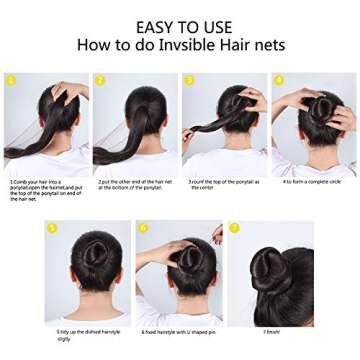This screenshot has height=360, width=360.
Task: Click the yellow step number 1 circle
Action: click(10, 80)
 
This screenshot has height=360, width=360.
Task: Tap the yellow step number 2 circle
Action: click(100, 80)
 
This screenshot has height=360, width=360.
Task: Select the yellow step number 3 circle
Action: click(189, 80)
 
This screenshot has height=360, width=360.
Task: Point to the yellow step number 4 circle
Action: click(278, 80)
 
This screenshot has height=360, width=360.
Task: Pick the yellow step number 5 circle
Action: click(51, 228)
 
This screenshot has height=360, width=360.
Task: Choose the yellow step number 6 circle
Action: click(143, 228)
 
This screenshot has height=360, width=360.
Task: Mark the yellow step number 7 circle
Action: click(234, 228)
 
